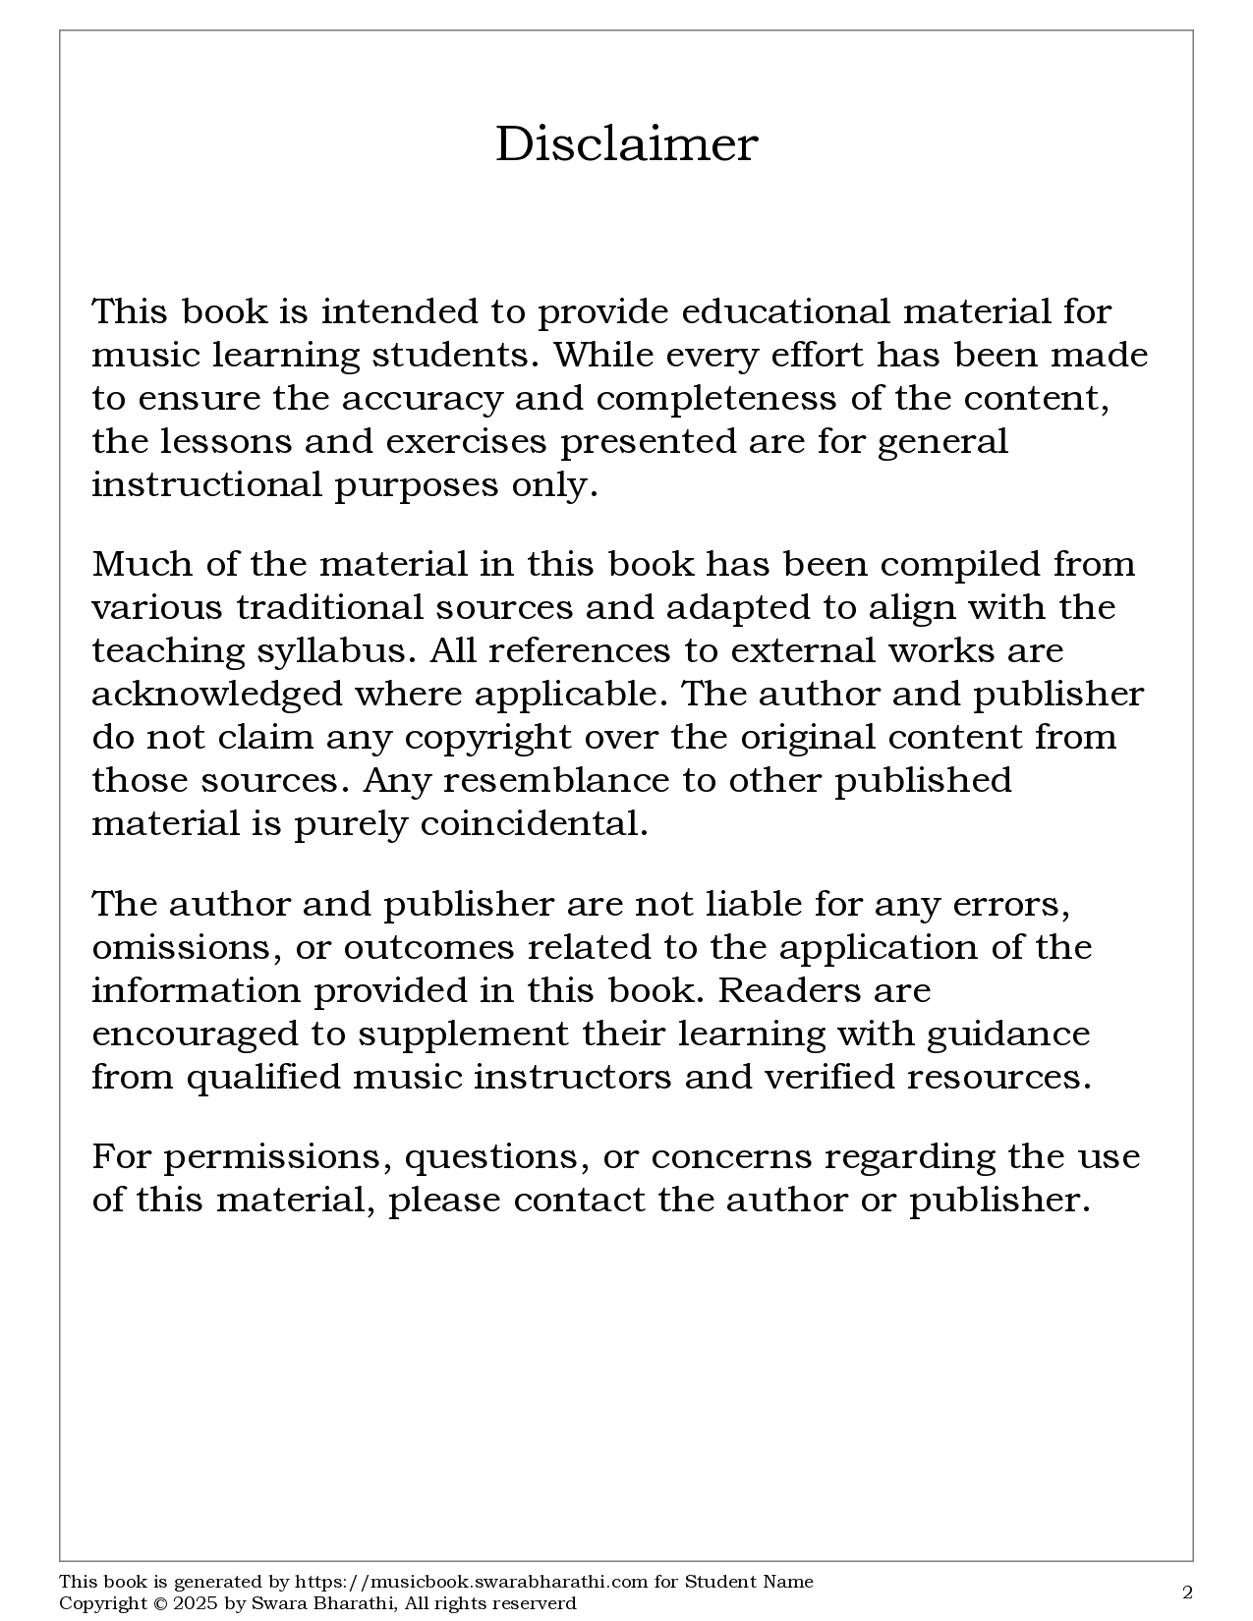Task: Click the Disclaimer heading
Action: (x=626, y=144)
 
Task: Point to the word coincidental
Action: (x=534, y=824)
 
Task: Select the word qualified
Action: (x=263, y=1078)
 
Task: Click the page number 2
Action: (x=1187, y=1593)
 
